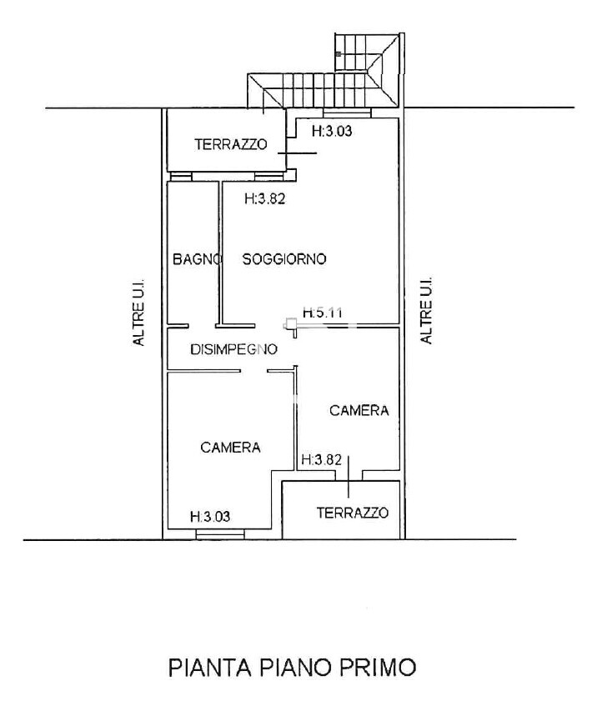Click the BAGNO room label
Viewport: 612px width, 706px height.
(196, 259)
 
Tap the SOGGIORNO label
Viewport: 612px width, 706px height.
(284, 259)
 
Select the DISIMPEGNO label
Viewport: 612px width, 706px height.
(233, 349)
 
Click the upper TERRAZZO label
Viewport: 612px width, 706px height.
(231, 144)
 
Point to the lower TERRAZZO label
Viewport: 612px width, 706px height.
(352, 513)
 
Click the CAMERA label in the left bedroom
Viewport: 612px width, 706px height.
(230, 447)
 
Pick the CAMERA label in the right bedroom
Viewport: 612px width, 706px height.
(359, 410)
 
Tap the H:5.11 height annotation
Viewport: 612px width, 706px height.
(323, 312)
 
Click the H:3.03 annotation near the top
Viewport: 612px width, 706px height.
(332, 131)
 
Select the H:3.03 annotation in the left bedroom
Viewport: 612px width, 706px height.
(210, 516)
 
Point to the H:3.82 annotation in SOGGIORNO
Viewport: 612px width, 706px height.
(265, 198)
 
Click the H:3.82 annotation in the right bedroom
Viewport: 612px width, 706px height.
(322, 460)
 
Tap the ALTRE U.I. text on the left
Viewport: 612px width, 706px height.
(138, 312)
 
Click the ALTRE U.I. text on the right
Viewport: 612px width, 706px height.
(425, 310)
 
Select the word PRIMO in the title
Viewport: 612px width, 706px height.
(377, 667)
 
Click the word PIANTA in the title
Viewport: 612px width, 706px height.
(210, 667)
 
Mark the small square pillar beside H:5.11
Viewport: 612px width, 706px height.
(290, 323)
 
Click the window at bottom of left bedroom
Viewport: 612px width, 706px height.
(220, 533)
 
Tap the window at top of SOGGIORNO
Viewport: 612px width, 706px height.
(347, 113)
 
